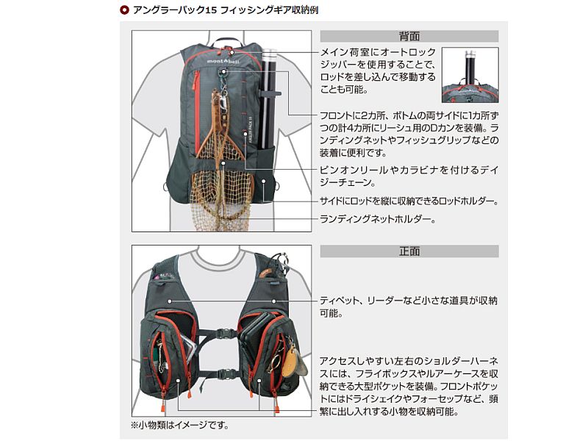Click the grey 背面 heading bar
pyautogui.click(x=409, y=35)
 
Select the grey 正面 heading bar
pyautogui.click(x=409, y=251)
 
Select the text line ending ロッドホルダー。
pyautogui.click(x=409, y=201)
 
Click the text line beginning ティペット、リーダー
pyautogui.click(x=409, y=302)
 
